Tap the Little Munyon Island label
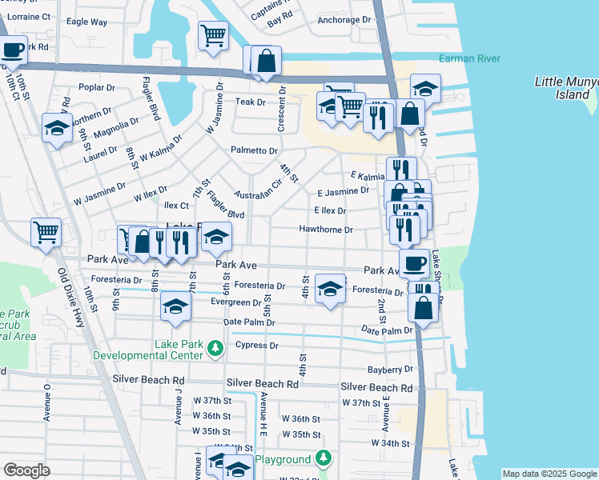[566, 88]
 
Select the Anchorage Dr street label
[344, 20]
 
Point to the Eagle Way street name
[87, 22]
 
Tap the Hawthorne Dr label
[325, 230]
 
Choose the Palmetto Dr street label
[254, 150]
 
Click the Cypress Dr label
[257, 346]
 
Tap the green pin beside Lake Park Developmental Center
[215, 348]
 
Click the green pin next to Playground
[323, 458]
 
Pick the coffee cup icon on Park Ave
[414, 262]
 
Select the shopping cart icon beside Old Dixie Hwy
[46, 233]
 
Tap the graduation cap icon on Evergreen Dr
[175, 306]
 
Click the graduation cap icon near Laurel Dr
[57, 128]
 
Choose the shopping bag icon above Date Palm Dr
[422, 307]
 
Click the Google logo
[26, 470]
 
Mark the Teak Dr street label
[250, 102]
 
